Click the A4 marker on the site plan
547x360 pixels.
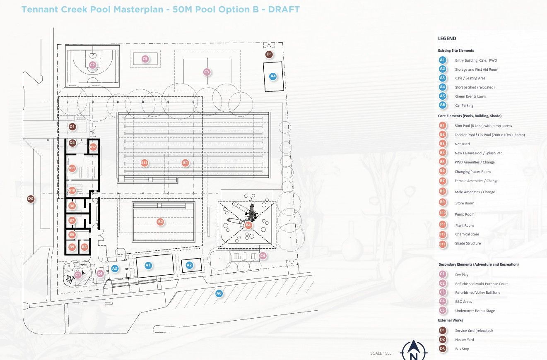click(273, 76)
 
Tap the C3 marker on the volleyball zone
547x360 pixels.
click(207, 72)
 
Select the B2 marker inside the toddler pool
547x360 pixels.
click(160, 222)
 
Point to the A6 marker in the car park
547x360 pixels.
click(219, 293)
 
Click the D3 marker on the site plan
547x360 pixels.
click(30, 199)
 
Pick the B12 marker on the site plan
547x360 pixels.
click(93, 146)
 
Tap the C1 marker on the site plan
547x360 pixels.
click(77, 275)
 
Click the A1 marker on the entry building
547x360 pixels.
click(148, 265)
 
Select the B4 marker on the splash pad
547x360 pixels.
click(248, 225)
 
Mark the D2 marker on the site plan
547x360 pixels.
click(72, 143)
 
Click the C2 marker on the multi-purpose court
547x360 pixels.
click(92, 65)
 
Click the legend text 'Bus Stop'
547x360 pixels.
click(462, 349)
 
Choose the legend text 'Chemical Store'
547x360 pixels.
click(467, 234)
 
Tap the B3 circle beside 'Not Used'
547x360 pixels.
click(442, 144)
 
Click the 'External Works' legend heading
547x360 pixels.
click(451, 320)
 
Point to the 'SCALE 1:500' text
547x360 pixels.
click(381, 353)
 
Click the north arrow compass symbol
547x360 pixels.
click(413, 351)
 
